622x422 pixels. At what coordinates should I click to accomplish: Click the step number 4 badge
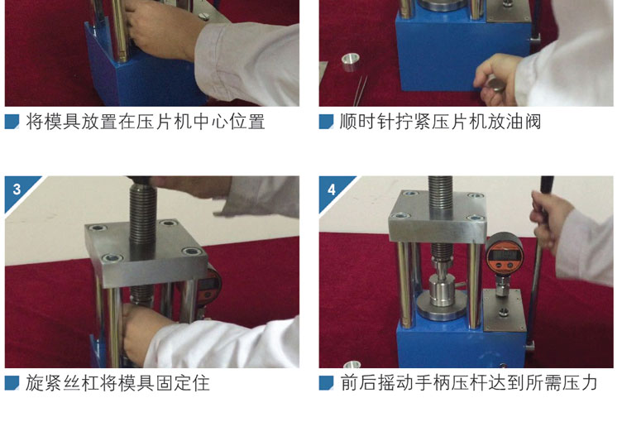pyautogui.click(x=331, y=189)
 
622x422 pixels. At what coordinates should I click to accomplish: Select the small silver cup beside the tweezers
pyautogui.click(x=350, y=62)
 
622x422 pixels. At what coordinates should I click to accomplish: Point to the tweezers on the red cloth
pyautogui.click(x=360, y=91)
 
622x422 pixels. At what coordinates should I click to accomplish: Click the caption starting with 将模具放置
pyautogui.click(x=146, y=122)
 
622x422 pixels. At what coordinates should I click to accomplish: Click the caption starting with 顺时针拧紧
pyautogui.click(x=440, y=122)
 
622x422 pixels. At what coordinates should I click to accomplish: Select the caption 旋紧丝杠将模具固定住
pyautogui.click(x=117, y=383)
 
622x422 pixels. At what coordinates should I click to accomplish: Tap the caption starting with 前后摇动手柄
pyautogui.click(x=469, y=383)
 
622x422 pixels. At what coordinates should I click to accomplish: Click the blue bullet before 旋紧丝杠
pyautogui.click(x=12, y=383)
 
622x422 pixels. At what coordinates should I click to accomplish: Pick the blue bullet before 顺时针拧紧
pyautogui.click(x=326, y=122)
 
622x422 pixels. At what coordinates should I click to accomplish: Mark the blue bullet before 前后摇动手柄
pyautogui.click(x=326, y=383)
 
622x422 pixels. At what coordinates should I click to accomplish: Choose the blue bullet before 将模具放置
pyautogui.click(x=12, y=122)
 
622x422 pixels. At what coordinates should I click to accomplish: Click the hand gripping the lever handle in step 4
pyautogui.click(x=549, y=219)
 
